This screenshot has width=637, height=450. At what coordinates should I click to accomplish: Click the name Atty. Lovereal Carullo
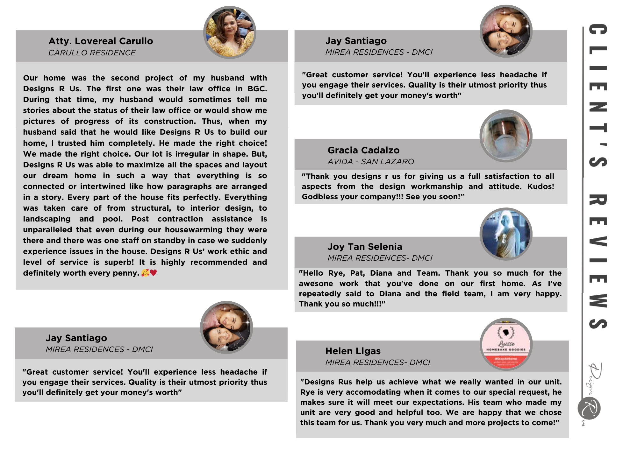click(101, 41)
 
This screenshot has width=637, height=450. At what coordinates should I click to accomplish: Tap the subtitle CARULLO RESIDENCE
click(92, 53)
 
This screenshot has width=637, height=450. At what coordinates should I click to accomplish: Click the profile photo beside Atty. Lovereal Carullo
click(230, 32)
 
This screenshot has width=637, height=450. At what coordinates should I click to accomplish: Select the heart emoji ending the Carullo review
click(154, 273)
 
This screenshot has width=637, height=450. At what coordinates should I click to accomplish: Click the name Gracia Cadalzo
click(363, 150)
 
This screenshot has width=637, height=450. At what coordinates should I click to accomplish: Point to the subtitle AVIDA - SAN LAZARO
click(371, 162)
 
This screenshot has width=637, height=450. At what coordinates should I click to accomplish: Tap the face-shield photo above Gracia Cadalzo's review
click(506, 136)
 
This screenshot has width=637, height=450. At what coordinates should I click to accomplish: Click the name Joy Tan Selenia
click(365, 247)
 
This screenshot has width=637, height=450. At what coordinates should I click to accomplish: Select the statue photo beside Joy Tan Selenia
click(506, 234)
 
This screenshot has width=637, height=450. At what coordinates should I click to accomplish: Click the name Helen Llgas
click(353, 351)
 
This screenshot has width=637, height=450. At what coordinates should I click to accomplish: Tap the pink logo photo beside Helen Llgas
click(506, 344)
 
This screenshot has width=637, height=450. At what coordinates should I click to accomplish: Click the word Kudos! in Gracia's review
click(540, 186)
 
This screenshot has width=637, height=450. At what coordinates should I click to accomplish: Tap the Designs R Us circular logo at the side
click(589, 408)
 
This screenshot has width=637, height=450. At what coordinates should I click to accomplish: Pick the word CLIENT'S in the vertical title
click(598, 95)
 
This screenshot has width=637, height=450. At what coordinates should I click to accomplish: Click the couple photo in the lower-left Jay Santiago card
click(226, 327)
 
